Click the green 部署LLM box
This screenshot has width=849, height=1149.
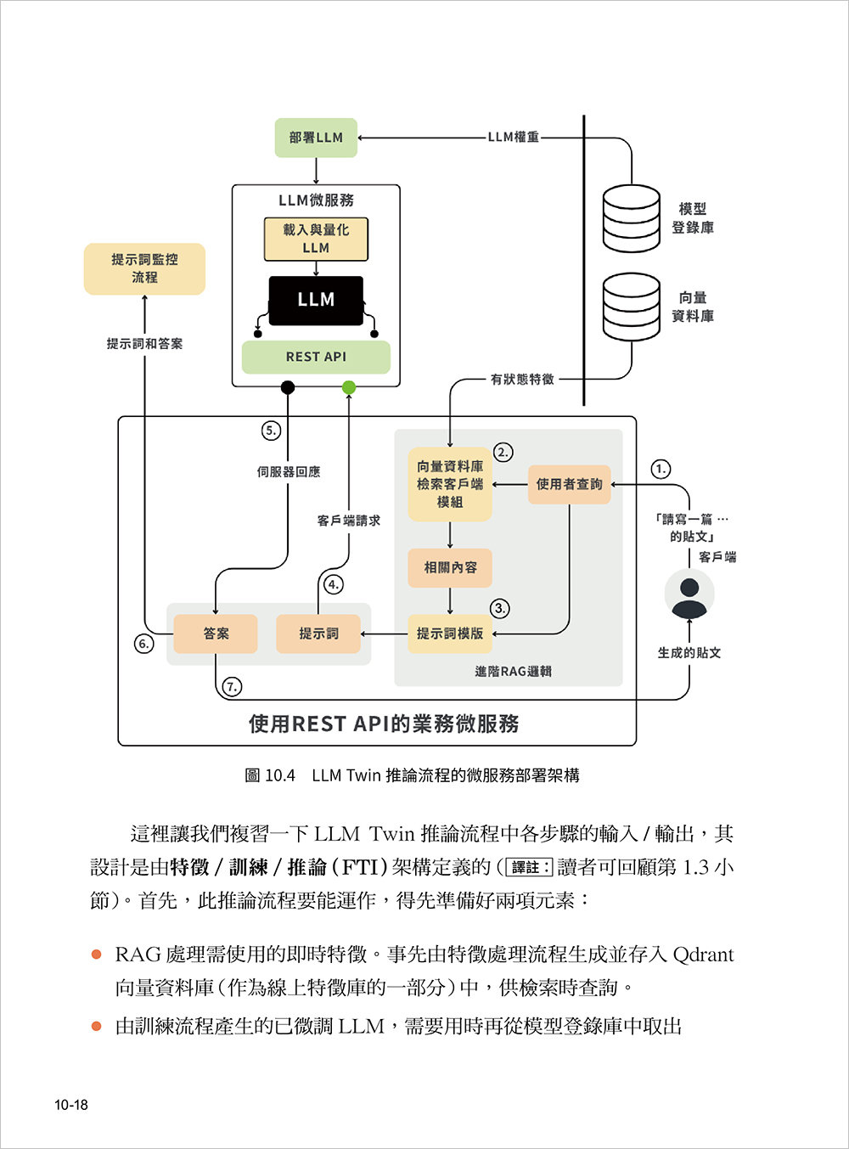pyautogui.click(x=316, y=138)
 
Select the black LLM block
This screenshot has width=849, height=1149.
pyautogui.click(x=316, y=300)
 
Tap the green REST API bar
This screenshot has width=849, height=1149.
pyautogui.click(x=316, y=357)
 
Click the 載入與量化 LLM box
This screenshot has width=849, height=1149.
pyautogui.click(x=316, y=239)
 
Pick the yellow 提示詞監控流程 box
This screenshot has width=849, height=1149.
pyautogui.click(x=144, y=268)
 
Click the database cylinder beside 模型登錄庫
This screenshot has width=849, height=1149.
pyautogui.click(x=631, y=218)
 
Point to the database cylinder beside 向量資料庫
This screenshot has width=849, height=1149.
pyautogui.click(x=631, y=306)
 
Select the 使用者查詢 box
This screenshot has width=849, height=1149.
pyautogui.click(x=569, y=484)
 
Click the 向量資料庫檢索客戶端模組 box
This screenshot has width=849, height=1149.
pyautogui.click(x=450, y=484)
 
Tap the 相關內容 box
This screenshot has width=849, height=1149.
pyautogui.click(x=450, y=567)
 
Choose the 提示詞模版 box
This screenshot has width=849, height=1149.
pyautogui.click(x=450, y=634)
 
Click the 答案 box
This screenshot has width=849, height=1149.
pyautogui.click(x=216, y=634)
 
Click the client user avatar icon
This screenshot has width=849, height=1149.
pyautogui.click(x=689, y=594)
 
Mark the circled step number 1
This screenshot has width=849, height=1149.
pyautogui.click(x=661, y=469)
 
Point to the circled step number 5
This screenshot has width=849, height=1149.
pyautogui.click(x=271, y=431)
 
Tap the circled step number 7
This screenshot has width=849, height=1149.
pyautogui.click(x=231, y=686)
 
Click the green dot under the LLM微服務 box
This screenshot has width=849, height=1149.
pyautogui.click(x=349, y=388)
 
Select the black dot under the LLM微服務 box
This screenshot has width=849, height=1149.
pyautogui.click(x=288, y=388)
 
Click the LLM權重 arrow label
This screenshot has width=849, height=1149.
pyautogui.click(x=513, y=137)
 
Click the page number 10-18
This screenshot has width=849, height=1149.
pyautogui.click(x=71, y=1105)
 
